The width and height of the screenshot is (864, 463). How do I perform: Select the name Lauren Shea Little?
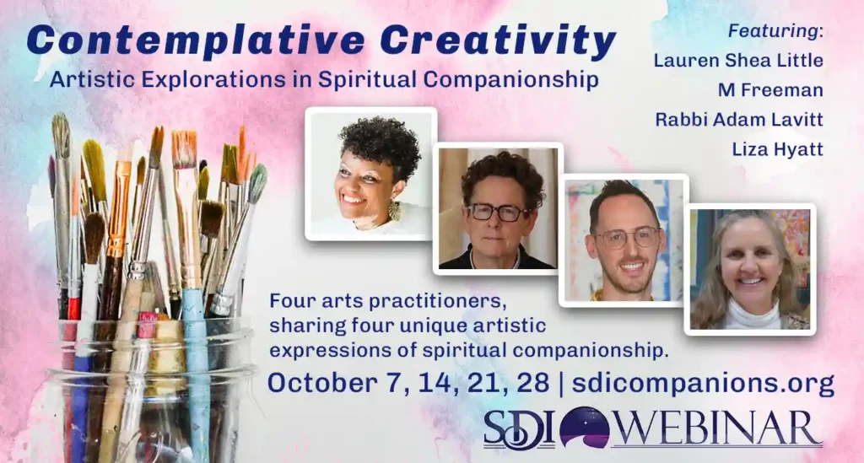point(738,60)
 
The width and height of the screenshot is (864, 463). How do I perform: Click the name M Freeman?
point(770,89)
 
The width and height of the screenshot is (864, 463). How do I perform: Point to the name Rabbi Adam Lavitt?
point(739,120)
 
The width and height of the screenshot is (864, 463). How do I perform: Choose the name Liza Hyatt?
point(777,149)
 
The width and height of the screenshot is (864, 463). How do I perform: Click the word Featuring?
point(773,31)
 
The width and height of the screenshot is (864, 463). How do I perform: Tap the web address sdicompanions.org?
point(703,383)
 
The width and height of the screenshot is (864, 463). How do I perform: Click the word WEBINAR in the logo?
point(717,428)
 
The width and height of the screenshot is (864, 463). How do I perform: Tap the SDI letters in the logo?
point(519,429)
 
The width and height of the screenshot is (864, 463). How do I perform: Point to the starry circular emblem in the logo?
point(584,428)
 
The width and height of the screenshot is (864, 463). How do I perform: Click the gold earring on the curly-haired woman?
point(395,210)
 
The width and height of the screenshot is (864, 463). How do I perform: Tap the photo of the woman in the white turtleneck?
point(750,269)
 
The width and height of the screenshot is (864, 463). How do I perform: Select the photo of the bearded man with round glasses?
point(624,240)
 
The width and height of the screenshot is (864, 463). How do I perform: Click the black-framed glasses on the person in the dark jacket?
point(497,212)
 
